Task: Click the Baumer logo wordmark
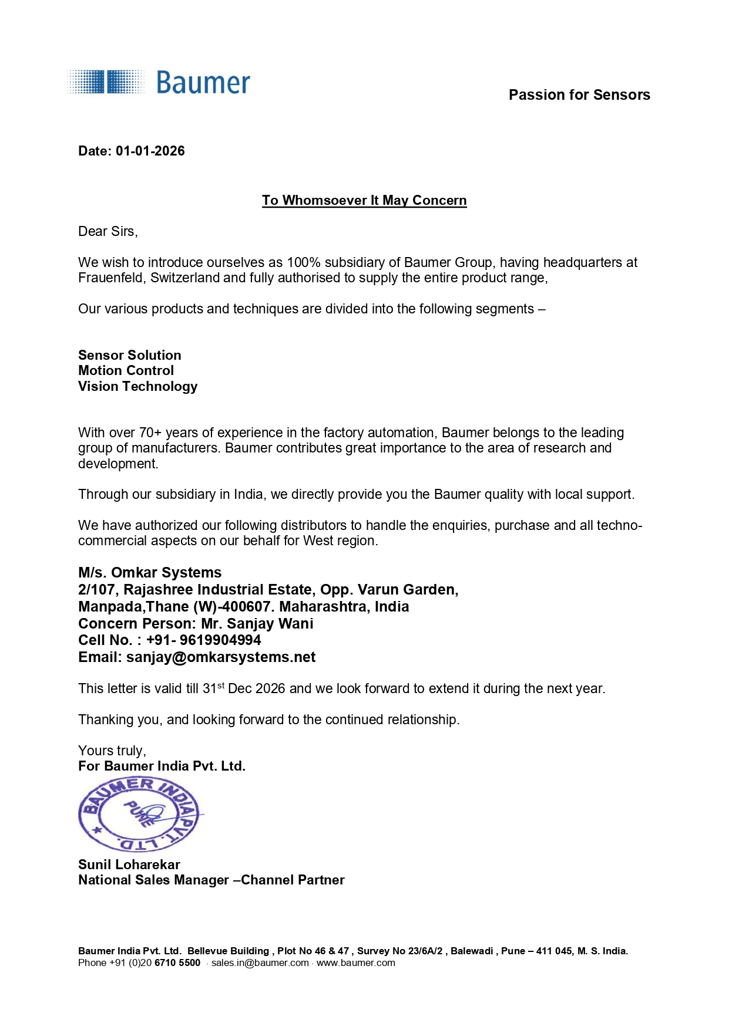tap(203, 83)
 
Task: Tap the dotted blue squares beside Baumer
tap(106, 82)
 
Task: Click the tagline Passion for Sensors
tap(579, 95)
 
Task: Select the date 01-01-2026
tap(150, 151)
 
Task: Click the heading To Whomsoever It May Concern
tap(364, 201)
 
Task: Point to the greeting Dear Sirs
tap(107, 232)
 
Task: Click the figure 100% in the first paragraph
tap(303, 262)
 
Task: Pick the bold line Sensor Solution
tap(130, 355)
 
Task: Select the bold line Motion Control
tap(126, 371)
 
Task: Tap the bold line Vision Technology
tap(138, 386)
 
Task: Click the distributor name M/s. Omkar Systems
tap(150, 573)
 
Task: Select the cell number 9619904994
tap(220, 640)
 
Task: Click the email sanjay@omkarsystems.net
tap(221, 657)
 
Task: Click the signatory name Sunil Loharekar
tap(129, 864)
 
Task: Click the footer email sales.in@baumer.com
tap(260, 963)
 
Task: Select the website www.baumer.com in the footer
tap(356, 963)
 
